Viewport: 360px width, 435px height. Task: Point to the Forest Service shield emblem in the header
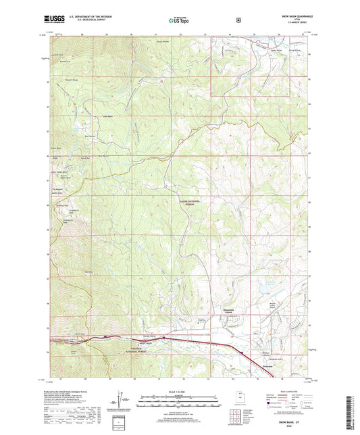pos(238,20)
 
